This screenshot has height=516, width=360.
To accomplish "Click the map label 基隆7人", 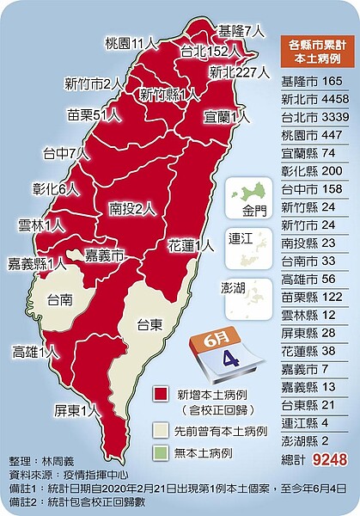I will click(241, 29).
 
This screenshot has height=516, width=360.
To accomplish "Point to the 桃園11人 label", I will click(131, 41).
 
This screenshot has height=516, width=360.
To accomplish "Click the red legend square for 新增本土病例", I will click(160, 393).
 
